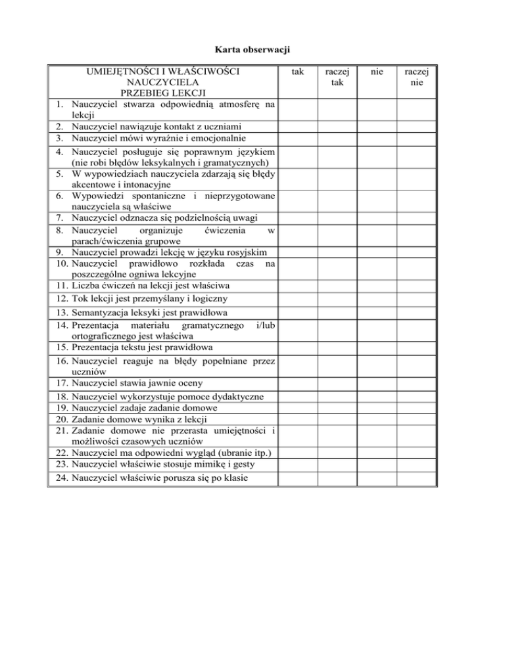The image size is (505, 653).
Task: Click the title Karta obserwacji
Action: (x=252, y=49)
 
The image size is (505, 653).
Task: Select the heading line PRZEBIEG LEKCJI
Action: (x=162, y=94)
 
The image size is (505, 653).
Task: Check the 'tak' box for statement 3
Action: (x=297, y=138)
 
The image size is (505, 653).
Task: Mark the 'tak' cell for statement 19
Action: (x=297, y=408)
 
